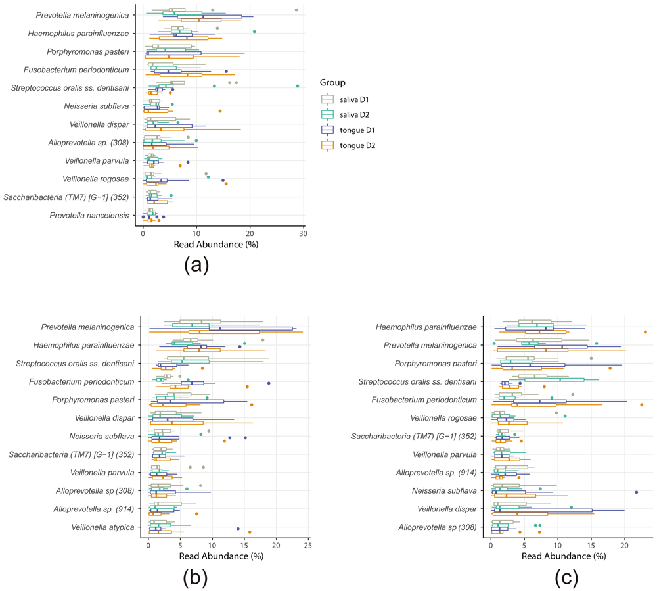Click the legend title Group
(334, 83)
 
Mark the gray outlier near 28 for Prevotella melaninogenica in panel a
(296, 11)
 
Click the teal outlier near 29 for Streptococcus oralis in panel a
(298, 86)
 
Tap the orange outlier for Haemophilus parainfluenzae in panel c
(645, 332)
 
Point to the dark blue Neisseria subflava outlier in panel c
(636, 492)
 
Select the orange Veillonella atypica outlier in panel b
(250, 532)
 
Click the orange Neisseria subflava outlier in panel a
(220, 111)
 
